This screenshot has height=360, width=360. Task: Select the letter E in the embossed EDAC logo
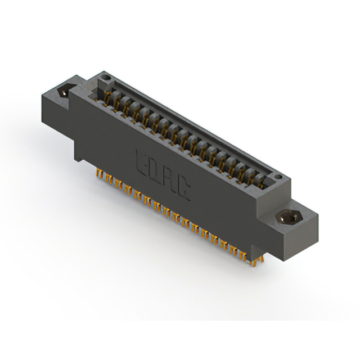[142, 161]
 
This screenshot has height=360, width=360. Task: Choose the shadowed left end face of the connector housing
[56, 118]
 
